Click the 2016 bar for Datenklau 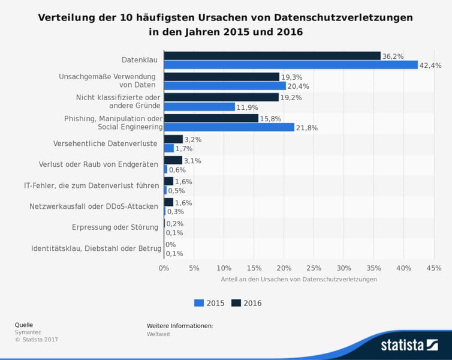tap(272, 56)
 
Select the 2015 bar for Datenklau tap(291, 65)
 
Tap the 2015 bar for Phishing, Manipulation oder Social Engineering tap(229, 127)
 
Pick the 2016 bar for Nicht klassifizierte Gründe tap(221, 97)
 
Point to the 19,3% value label tap(292, 77)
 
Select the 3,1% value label tap(192, 160)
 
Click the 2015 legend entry tap(209, 303)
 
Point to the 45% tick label tap(433, 268)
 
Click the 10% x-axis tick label tap(224, 268)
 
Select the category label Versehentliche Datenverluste tap(106, 144)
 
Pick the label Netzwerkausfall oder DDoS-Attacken tap(94, 206)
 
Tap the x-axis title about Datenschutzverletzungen tap(298, 280)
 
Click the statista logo tap(409, 345)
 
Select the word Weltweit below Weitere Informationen tap(158, 334)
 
